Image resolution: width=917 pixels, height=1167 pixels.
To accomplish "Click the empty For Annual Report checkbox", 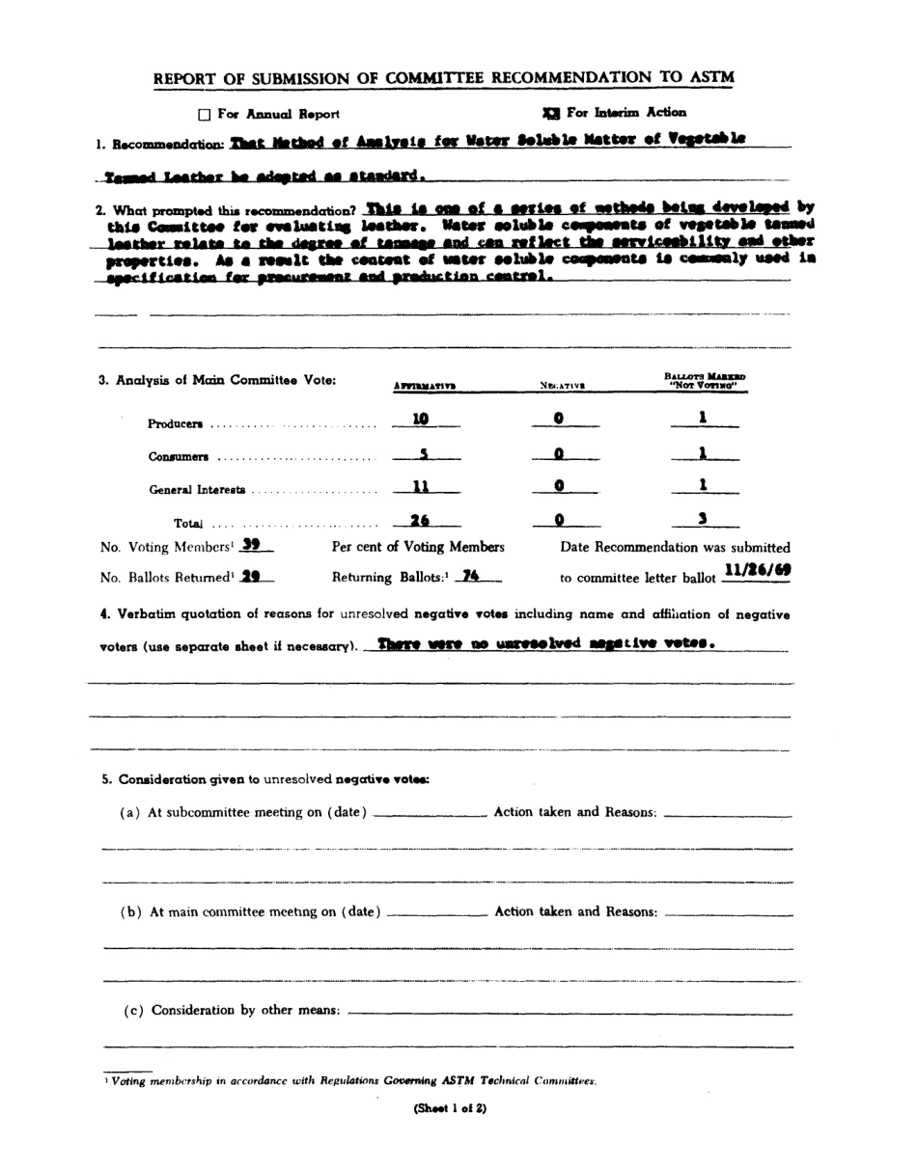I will (205, 115).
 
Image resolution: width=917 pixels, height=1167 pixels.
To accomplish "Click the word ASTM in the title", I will (713, 77).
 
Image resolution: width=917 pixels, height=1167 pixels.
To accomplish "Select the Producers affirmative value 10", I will (420, 420).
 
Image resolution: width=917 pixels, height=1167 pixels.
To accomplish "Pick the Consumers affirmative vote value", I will (422, 453).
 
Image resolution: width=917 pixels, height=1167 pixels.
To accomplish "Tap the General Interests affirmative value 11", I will (420, 487).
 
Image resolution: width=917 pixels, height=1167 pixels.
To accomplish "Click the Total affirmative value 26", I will (419, 521).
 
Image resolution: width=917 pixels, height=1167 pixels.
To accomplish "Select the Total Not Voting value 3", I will (704, 520).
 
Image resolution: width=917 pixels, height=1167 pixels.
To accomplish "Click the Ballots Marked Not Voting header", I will (705, 381).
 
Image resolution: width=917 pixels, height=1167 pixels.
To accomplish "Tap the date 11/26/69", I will (758, 570).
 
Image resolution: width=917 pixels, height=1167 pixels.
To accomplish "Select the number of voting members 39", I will (251, 545).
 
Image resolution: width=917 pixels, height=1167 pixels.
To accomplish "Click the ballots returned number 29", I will (251, 577).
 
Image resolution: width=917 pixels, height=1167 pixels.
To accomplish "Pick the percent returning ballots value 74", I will (470, 576).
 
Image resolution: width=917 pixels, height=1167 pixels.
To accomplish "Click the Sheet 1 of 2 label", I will (450, 1108).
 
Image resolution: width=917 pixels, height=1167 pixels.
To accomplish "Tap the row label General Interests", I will (197, 490).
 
